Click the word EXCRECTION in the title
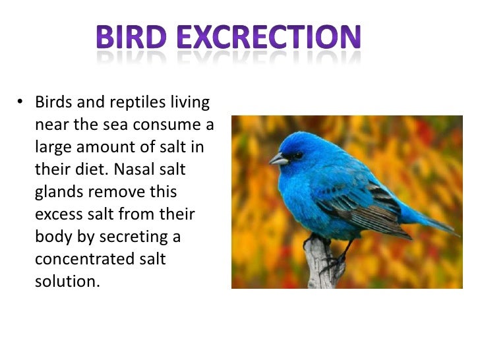click(271, 39)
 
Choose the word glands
click(59, 192)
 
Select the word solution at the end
click(67, 281)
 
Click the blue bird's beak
click(278, 159)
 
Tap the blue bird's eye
click(297, 156)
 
